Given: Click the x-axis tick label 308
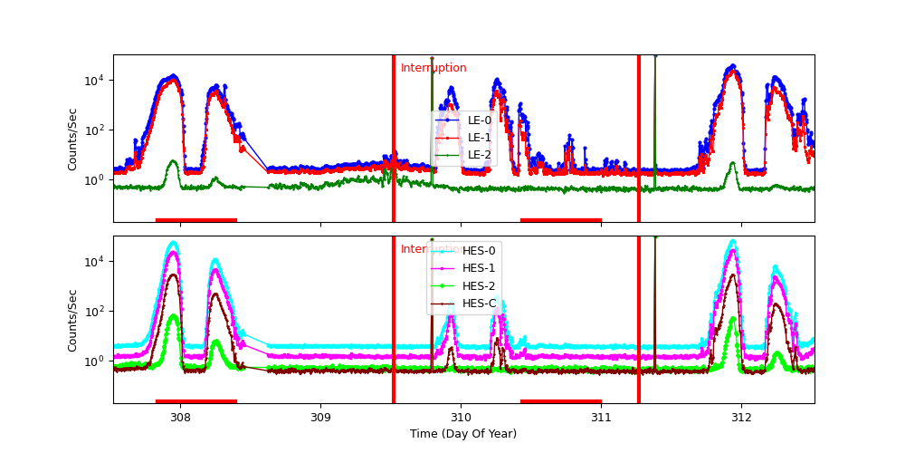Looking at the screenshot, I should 179,417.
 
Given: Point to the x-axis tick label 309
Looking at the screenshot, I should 320,417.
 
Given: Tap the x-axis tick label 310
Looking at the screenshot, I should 461,417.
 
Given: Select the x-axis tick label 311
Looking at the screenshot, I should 602,417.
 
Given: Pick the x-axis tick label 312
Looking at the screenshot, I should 742,417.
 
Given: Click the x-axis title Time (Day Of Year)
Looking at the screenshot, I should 463,434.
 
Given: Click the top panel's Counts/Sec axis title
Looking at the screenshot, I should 72,139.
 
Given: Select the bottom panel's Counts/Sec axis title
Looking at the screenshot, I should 72,320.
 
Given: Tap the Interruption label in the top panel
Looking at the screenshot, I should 433,68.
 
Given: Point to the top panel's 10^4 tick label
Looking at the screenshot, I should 95,80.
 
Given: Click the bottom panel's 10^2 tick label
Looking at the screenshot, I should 95,311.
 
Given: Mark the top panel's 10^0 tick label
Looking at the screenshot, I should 95,179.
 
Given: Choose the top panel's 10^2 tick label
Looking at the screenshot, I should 95,130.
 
